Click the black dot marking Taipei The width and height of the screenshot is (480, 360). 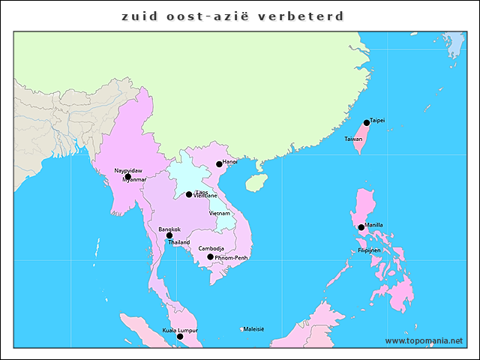(367, 123)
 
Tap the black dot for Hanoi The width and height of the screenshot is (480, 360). (219, 164)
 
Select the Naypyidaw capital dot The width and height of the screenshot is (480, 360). (127, 177)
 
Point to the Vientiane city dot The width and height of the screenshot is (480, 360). (189, 195)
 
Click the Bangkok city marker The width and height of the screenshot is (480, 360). (169, 235)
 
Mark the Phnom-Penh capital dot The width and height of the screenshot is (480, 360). (210, 257)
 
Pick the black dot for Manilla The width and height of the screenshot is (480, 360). (361, 227)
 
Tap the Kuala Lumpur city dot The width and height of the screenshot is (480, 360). (179, 337)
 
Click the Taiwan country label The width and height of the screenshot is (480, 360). (353, 139)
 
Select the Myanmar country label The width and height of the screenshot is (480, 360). (134, 180)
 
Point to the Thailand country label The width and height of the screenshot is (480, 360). (179, 243)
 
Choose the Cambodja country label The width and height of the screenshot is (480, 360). (211, 248)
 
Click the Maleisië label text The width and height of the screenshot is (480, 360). (253, 328)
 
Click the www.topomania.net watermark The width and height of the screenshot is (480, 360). (424, 340)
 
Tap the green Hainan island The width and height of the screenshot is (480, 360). (256, 181)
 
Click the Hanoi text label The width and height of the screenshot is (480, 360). (230, 161)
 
